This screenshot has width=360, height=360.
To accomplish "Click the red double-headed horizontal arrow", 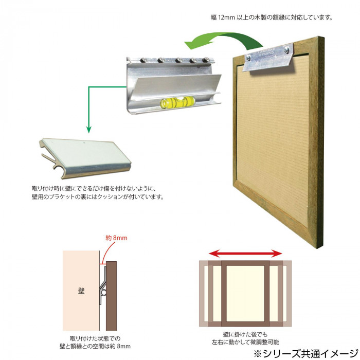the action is [x=245, y=254].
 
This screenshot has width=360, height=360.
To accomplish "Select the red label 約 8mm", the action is [x=116, y=238].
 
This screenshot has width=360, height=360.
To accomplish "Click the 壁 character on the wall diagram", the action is [x=81, y=291].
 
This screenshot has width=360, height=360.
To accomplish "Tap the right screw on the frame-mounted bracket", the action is [x=287, y=49].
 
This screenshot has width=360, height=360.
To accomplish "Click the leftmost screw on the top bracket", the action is [x=143, y=60].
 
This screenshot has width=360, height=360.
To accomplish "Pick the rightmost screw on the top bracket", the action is [x=206, y=60].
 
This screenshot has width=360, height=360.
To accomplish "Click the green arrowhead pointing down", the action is [x=88, y=129].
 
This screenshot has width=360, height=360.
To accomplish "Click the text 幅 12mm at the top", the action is [x=223, y=17].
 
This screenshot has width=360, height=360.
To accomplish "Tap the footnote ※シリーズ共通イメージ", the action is [x=306, y=353].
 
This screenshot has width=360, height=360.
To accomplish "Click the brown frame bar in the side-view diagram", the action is [x=112, y=296].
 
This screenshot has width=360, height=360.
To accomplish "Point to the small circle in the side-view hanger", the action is [x=103, y=293].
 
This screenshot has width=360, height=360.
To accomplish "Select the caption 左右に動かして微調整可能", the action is [x=245, y=342].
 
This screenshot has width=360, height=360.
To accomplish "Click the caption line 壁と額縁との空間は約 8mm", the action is [x=95, y=346].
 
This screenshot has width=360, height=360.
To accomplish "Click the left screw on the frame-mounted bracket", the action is [x=248, y=58].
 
